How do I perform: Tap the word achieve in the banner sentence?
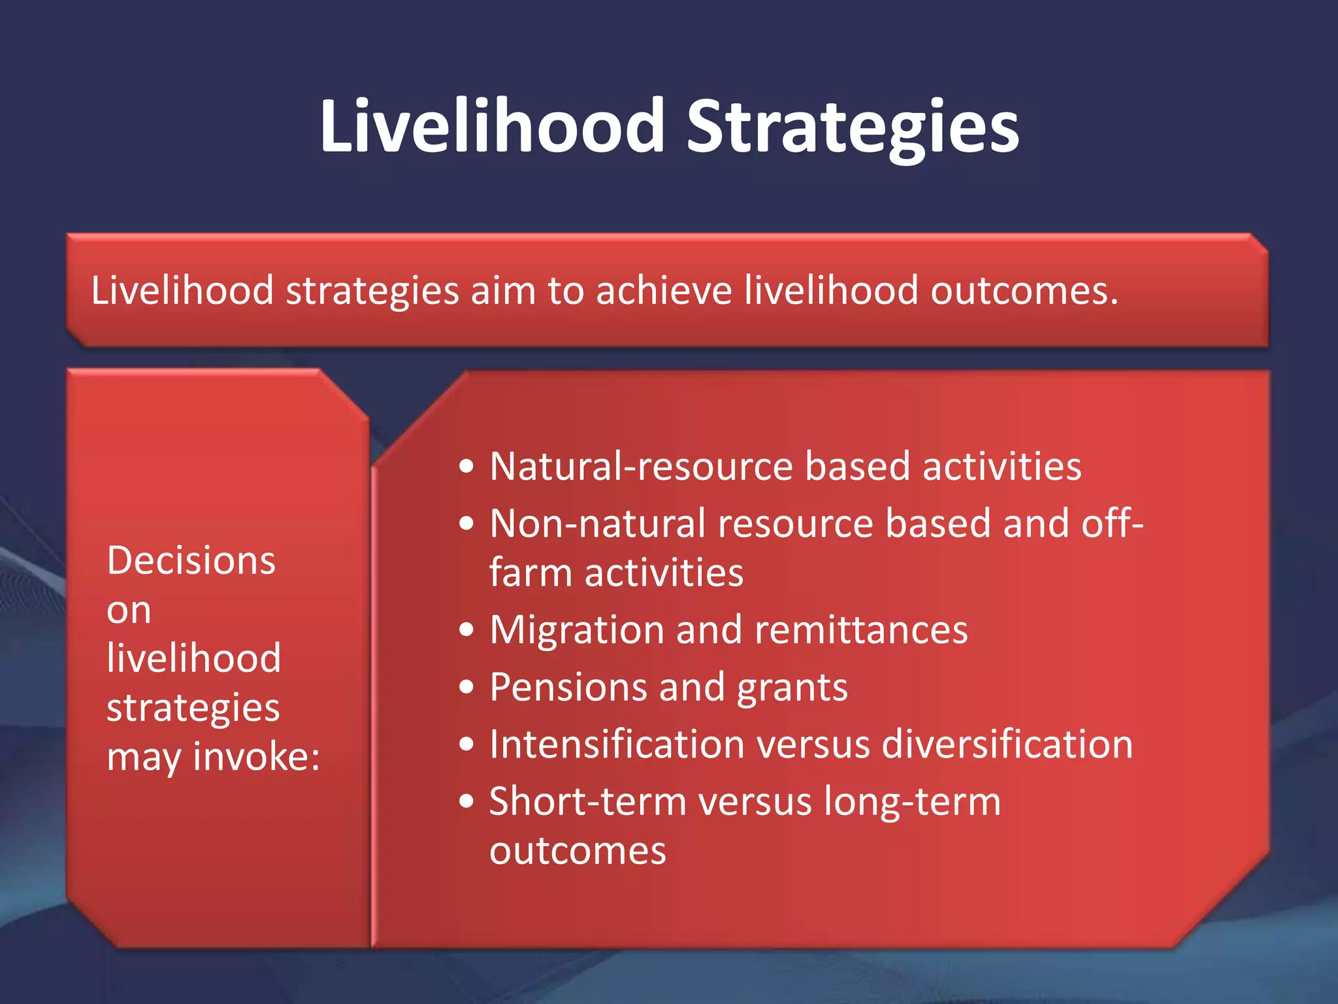(x=664, y=290)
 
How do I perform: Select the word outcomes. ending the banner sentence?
(x=1024, y=290)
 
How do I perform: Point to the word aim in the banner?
(x=503, y=290)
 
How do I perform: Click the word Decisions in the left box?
(x=191, y=561)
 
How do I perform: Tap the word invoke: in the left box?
(x=257, y=757)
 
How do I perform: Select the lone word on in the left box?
(x=129, y=611)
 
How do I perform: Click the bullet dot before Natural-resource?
(x=466, y=467)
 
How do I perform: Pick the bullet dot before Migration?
(x=466, y=630)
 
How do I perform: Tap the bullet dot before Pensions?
(x=466, y=687)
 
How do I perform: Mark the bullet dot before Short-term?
(x=466, y=801)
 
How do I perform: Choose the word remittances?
(x=861, y=630)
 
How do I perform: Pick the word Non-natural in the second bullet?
(x=598, y=524)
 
